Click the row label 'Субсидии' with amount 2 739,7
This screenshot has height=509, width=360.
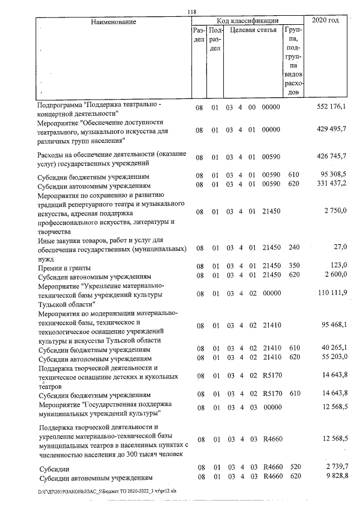point(54,468)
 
